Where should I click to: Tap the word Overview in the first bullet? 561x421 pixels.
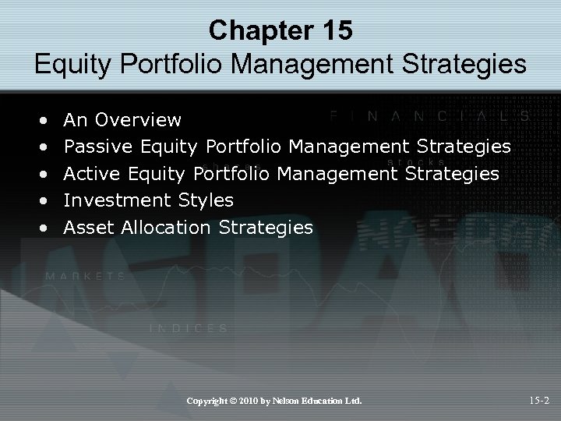(137, 120)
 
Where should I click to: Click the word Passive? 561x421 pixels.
(99, 147)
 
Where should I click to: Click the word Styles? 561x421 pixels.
(206, 200)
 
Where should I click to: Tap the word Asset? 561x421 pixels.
(88, 228)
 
